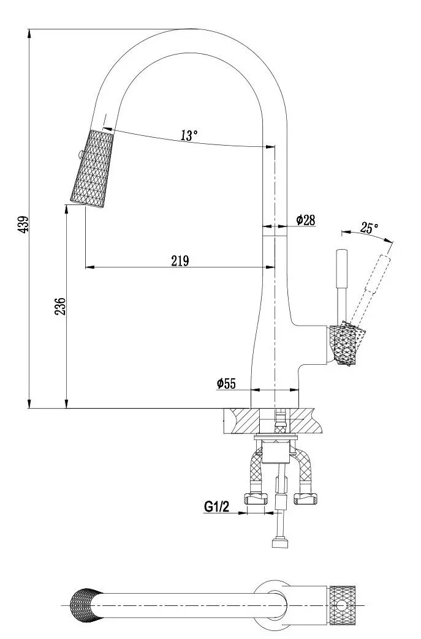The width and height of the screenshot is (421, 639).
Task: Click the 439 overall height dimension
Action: click(x=24, y=224)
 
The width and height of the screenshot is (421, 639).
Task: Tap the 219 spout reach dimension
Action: click(x=180, y=261)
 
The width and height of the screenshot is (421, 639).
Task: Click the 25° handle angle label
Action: click(x=369, y=228)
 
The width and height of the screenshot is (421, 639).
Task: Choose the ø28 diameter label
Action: click(x=306, y=220)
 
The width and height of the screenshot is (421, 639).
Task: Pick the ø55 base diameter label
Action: click(x=226, y=383)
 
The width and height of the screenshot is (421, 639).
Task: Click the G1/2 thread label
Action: click(x=216, y=507)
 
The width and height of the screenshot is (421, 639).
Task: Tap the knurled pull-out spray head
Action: click(x=92, y=168)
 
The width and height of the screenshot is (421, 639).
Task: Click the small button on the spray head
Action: click(x=79, y=155)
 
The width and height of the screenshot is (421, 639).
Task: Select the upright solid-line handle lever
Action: click(x=342, y=285)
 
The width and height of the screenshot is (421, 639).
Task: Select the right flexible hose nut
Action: click(x=306, y=498)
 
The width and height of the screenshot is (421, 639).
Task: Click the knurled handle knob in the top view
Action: click(x=342, y=604)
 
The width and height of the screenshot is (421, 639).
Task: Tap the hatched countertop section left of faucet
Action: click(x=241, y=421)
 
